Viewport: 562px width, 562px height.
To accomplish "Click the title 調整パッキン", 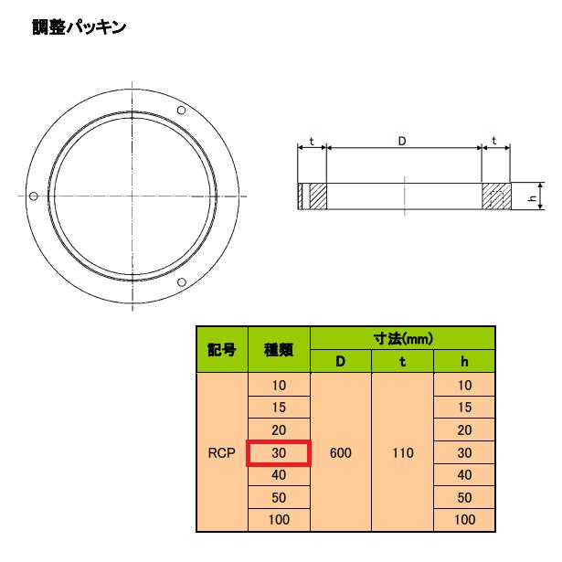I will [79, 27].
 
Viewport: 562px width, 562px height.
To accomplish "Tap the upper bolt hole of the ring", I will [181, 111].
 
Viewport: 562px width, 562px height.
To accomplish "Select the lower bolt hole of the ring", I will [181, 281].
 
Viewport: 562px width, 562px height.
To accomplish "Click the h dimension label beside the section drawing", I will [536, 196].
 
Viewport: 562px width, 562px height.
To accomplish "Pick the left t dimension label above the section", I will [312, 141].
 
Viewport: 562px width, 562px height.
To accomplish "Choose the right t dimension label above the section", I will [494, 141].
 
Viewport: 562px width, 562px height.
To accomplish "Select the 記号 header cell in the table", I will [222, 349].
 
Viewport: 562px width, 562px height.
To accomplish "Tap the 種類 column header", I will [279, 349].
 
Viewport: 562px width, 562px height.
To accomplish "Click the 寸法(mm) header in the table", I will [403, 338].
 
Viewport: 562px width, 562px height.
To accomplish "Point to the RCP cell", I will [222, 452].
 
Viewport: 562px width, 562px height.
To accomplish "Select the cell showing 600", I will [341, 452].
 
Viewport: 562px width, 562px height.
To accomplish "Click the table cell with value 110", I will [402, 452].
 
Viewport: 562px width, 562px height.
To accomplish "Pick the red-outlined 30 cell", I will [279, 452].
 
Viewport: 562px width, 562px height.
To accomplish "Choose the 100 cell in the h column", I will [464, 520].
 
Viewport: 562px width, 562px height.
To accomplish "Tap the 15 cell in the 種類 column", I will [279, 408].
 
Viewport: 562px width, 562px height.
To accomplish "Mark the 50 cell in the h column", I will [464, 497].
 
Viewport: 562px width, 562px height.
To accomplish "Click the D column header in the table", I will [341, 361].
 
